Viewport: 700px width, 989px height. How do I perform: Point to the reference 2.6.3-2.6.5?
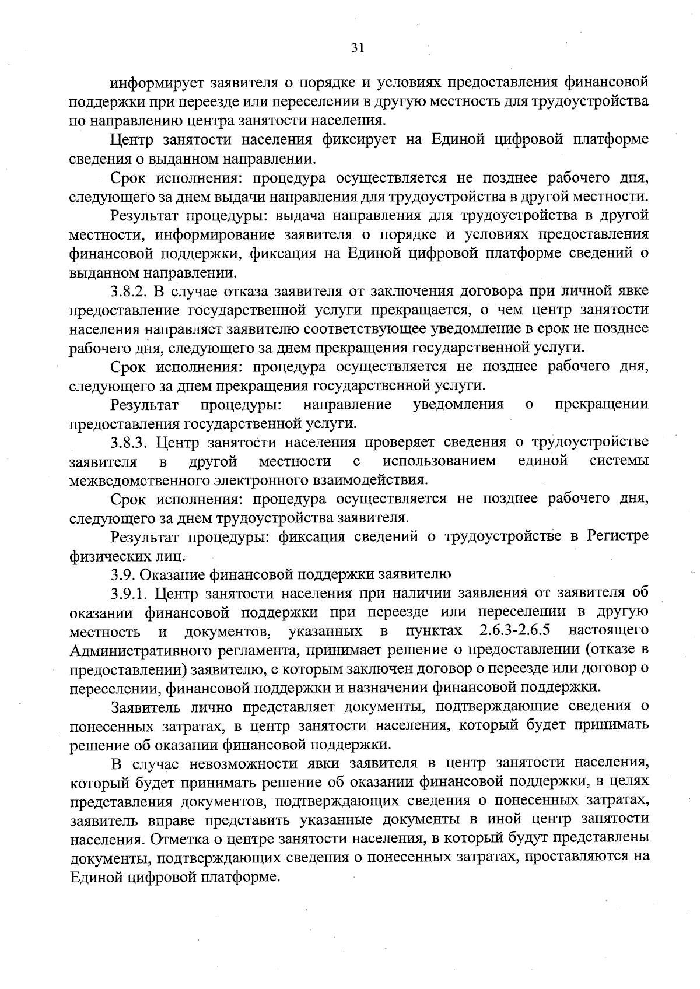pyautogui.click(x=515, y=631)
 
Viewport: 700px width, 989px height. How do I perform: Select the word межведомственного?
pyautogui.click(x=134, y=481)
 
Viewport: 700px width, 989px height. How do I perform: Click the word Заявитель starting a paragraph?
pyautogui.click(x=143, y=707)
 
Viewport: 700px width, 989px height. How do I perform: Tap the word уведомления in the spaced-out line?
pyautogui.click(x=458, y=404)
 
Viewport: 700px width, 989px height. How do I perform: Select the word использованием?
pyautogui.click(x=439, y=461)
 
